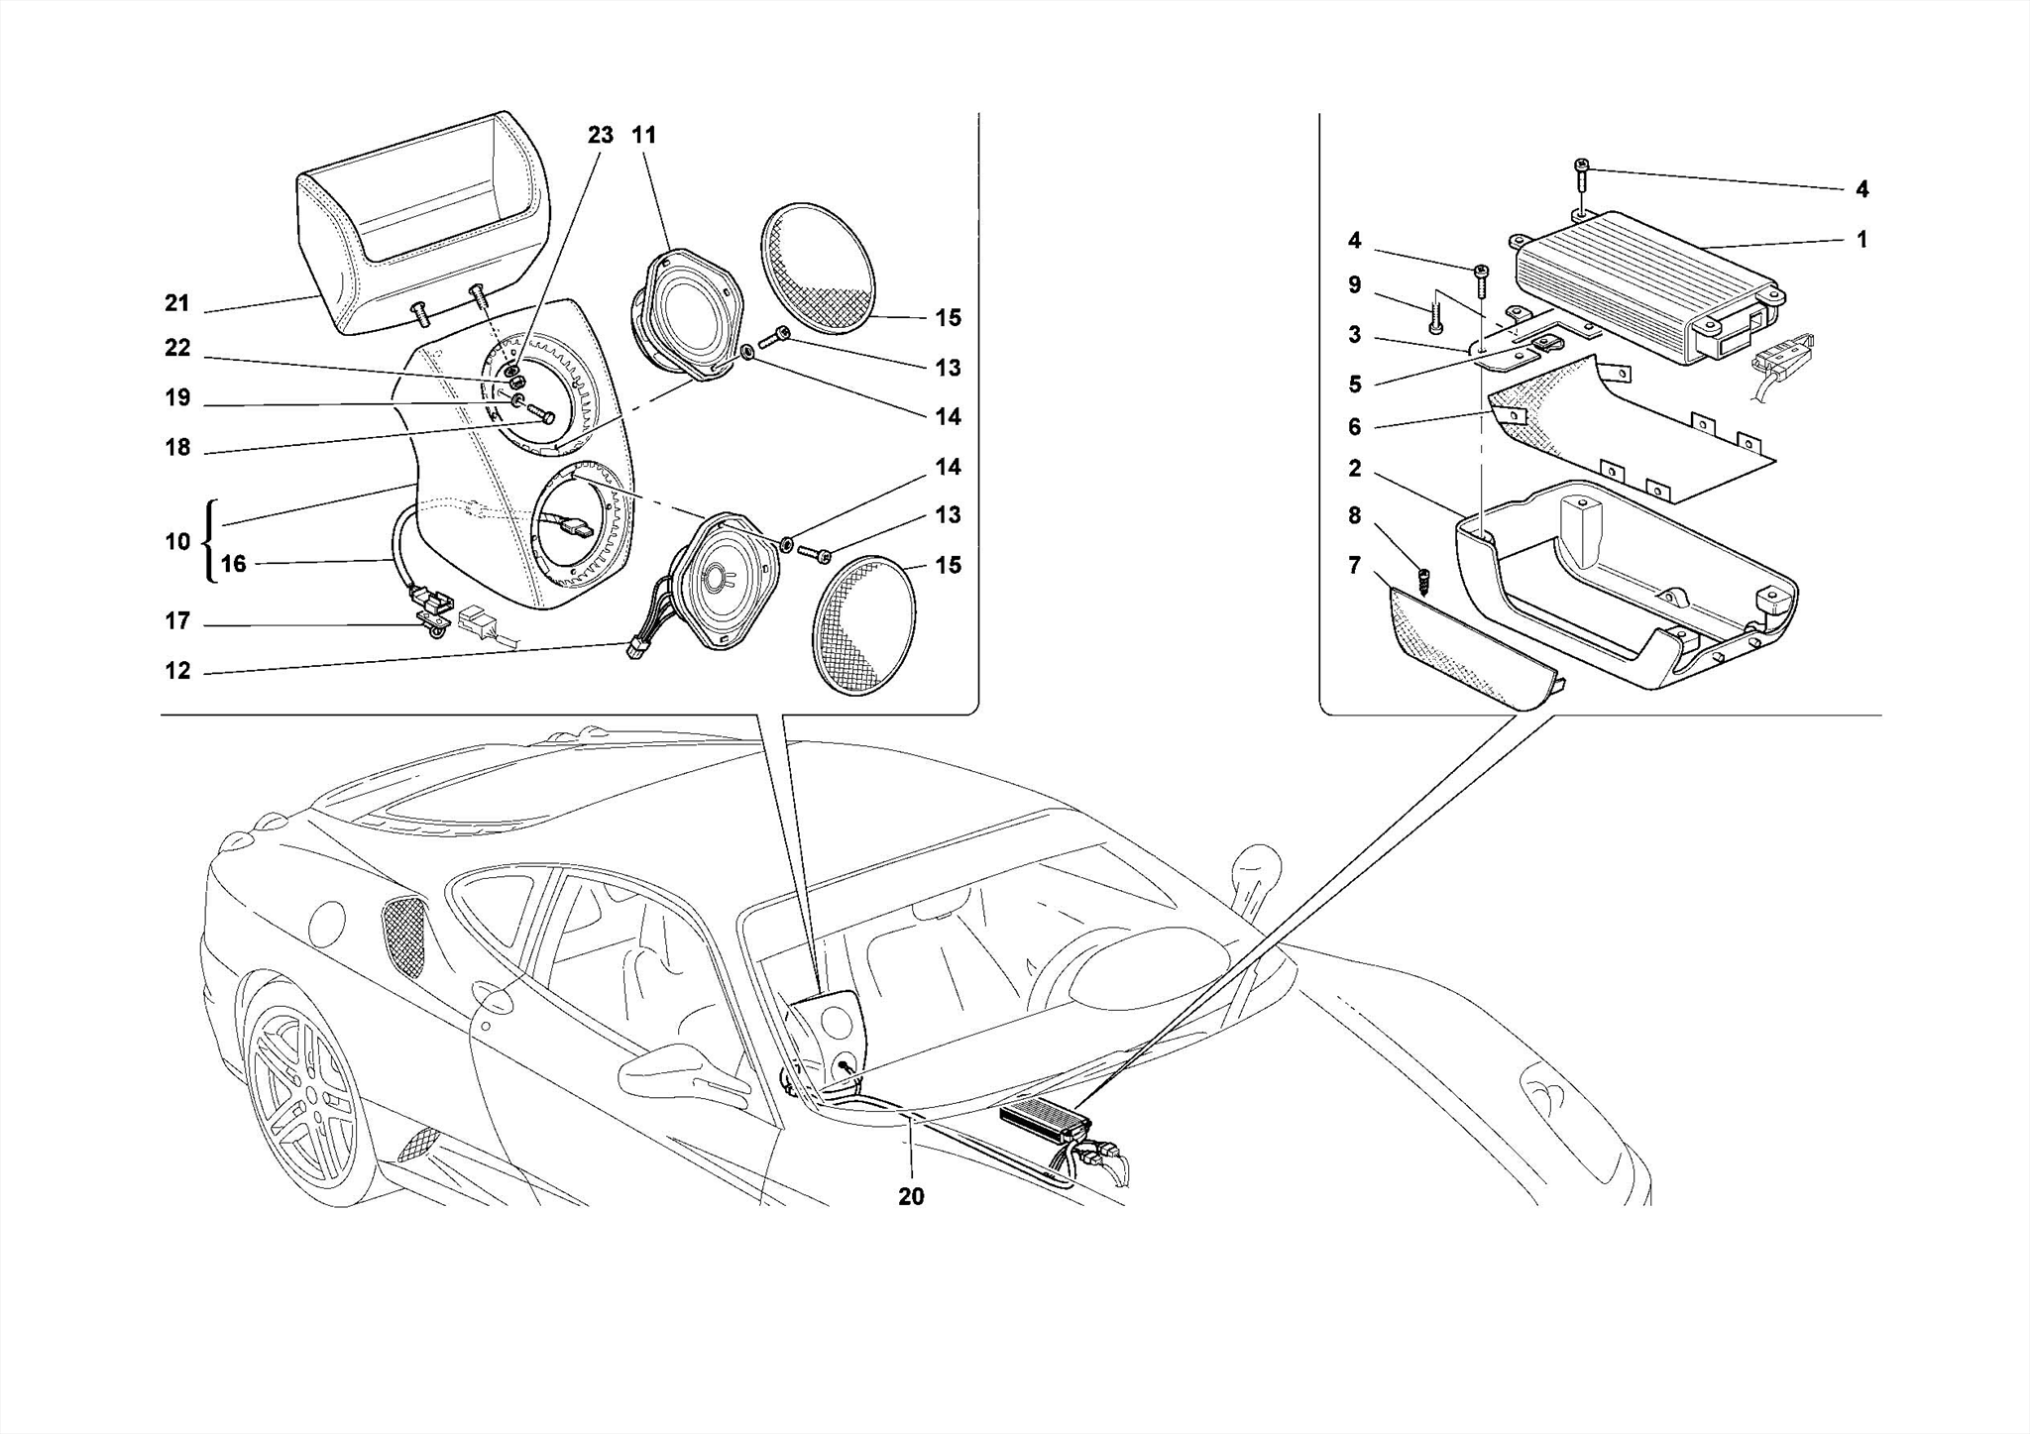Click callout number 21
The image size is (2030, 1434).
[x=176, y=303]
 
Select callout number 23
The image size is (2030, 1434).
[x=601, y=135]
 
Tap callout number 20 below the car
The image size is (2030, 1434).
[x=911, y=1196]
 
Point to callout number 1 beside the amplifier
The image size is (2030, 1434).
[x=1861, y=239]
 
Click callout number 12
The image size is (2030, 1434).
[x=176, y=671]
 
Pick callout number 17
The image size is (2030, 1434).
[x=176, y=621]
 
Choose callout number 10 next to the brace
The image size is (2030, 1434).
[x=176, y=541]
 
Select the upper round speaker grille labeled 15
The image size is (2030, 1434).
[x=819, y=269]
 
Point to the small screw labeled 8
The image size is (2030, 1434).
[x=1423, y=579]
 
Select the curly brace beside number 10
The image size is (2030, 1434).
[x=209, y=541]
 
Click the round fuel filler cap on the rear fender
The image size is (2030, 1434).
[x=327, y=922]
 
